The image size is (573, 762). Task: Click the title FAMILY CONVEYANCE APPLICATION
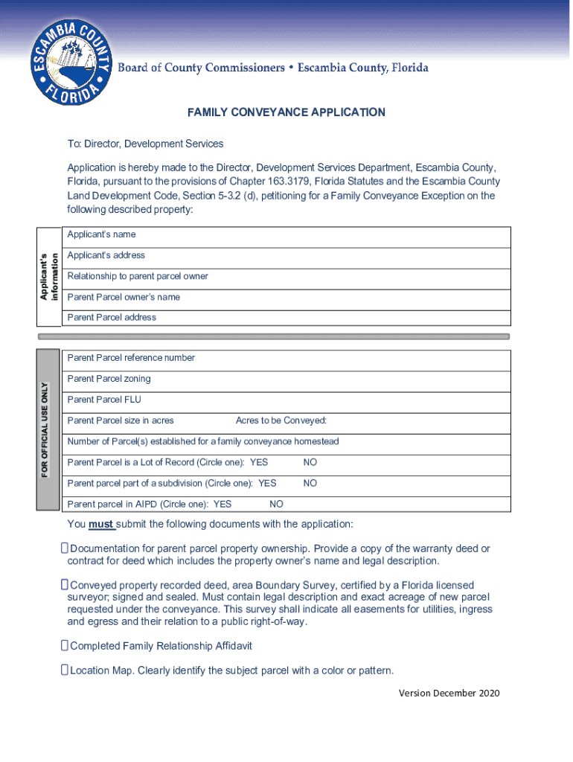pyautogui.click(x=286, y=112)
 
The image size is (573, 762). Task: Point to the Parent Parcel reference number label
pyautogui.click(x=131, y=358)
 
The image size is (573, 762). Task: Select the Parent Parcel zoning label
pyautogui.click(x=109, y=379)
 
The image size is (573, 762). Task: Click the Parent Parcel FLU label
pyautogui.click(x=103, y=400)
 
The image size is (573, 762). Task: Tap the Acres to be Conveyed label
pyautogui.click(x=281, y=420)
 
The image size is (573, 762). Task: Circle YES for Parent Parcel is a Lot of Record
pyautogui.click(x=259, y=462)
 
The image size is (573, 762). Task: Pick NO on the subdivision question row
pyautogui.click(x=310, y=483)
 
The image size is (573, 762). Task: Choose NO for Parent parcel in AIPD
pyautogui.click(x=276, y=504)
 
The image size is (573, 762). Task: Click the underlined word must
pyautogui.click(x=100, y=524)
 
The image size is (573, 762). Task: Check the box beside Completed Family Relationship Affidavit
pyautogui.click(x=65, y=646)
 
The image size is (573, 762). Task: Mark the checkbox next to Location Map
pyautogui.click(x=65, y=670)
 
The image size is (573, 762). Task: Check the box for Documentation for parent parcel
pyautogui.click(x=65, y=548)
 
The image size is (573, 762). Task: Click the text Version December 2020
pyautogui.click(x=449, y=694)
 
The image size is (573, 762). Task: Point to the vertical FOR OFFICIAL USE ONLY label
pyautogui.click(x=46, y=431)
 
